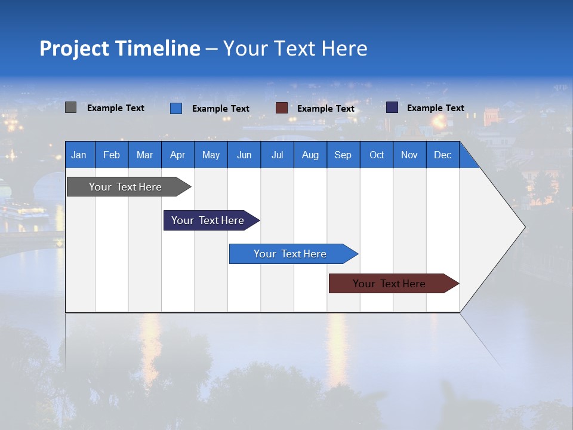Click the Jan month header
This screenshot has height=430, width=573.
tap(79, 155)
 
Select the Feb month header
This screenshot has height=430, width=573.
tap(112, 155)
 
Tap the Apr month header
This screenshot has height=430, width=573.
tap(177, 155)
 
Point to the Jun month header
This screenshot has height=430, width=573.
tap(244, 155)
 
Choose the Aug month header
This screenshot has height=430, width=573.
tap(310, 155)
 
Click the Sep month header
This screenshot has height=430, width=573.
tap(343, 155)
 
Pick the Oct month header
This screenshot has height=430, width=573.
tap(377, 155)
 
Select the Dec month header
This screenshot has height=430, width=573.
tap(442, 155)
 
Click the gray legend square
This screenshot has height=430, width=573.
tap(70, 107)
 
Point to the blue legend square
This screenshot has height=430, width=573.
tap(176, 108)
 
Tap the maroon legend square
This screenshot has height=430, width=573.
tap(282, 108)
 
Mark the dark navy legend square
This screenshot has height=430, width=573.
tap(392, 107)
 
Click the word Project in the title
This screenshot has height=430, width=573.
tap(75, 48)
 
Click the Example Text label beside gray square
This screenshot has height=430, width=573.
tap(116, 108)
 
